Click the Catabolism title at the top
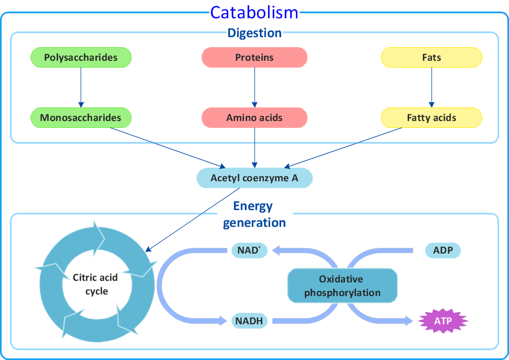click(254, 12)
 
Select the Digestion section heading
click(255, 33)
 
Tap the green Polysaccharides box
click(81, 58)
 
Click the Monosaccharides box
click(81, 118)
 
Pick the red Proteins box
click(255, 58)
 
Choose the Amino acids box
click(255, 118)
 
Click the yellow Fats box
click(431, 58)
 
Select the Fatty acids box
click(431, 118)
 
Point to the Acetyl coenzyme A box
click(255, 178)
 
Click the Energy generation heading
click(254, 214)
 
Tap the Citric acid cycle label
click(95, 284)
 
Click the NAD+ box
click(249, 250)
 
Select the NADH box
click(250, 321)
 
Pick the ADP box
click(443, 250)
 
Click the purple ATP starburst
click(443, 321)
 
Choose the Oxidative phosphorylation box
click(342, 286)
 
